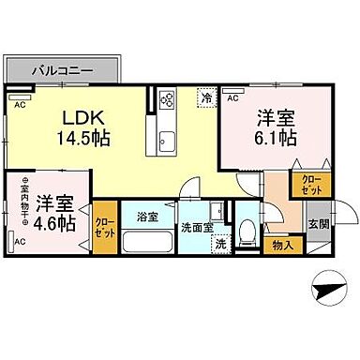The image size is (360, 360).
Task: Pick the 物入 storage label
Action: tap(281, 246)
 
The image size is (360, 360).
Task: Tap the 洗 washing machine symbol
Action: tap(219, 245)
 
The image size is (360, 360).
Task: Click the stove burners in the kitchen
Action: tap(167, 98)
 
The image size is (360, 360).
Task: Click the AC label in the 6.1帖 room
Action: tap(232, 97)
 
